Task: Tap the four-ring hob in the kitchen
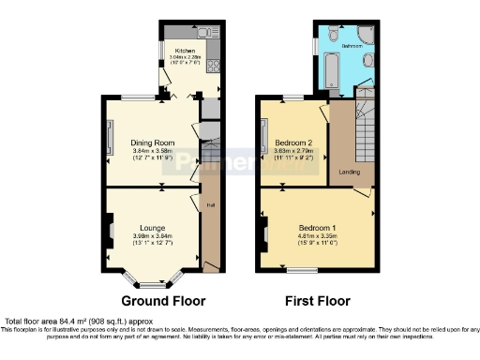pos(212,65)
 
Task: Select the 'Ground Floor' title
pos(163,301)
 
